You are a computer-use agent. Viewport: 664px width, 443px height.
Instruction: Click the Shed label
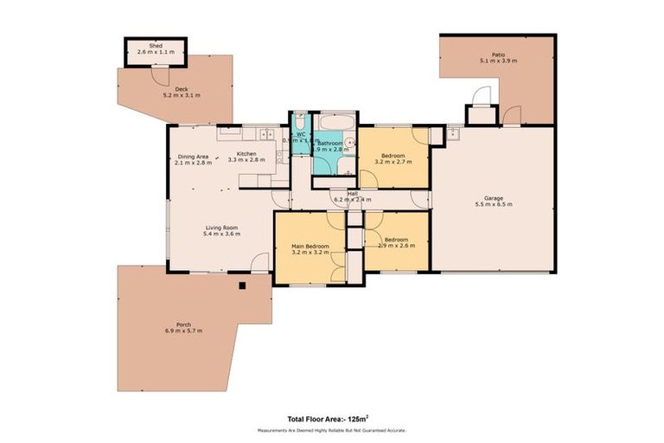tap(156, 45)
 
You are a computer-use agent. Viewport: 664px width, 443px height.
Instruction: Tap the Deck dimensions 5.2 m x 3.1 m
tap(182, 94)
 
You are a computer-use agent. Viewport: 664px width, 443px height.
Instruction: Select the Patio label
tap(497, 54)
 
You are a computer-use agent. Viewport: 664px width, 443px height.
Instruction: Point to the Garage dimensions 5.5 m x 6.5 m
tap(494, 204)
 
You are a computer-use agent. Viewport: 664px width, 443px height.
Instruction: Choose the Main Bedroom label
tap(309, 247)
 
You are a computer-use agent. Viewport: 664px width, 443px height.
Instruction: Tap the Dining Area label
tap(193, 156)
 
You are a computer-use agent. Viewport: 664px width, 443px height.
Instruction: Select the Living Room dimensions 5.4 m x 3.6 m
tap(220, 234)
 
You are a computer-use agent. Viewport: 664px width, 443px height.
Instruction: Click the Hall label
tap(353, 193)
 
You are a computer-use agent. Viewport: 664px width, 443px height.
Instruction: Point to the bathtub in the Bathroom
tap(333, 122)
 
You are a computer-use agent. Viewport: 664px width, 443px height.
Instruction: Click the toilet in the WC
tap(298, 122)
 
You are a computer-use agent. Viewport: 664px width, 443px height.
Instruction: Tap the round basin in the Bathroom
tap(350, 143)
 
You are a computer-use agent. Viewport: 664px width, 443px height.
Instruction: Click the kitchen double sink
tap(265, 135)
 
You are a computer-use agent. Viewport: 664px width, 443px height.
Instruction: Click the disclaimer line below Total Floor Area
tap(331, 430)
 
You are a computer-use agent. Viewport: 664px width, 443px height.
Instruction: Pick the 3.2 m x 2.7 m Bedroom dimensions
tap(393, 161)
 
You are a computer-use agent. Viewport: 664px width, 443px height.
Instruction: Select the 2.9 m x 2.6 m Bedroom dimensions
tap(397, 245)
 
